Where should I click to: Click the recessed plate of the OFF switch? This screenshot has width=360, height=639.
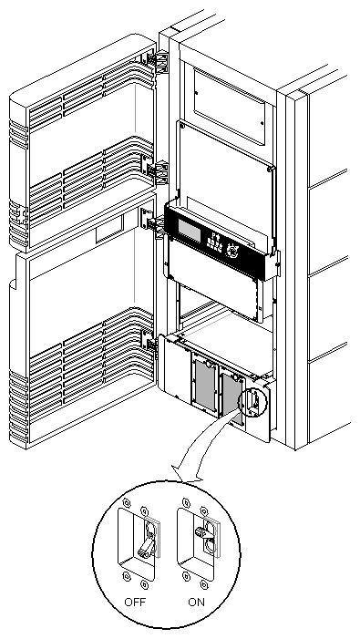pyautogui.click(x=140, y=547)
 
